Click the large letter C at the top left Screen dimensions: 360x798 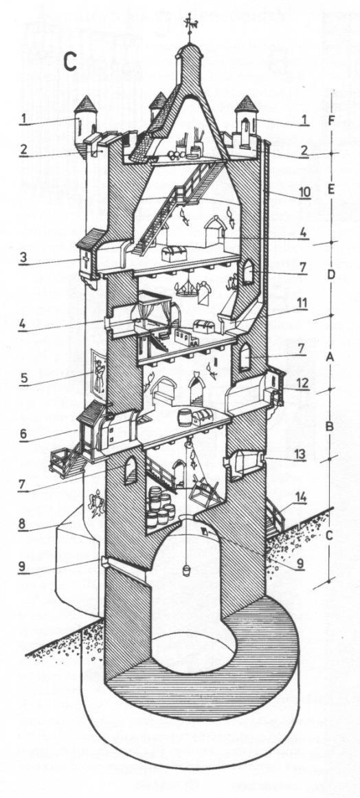(x=70, y=61)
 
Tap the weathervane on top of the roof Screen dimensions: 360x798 (x=191, y=25)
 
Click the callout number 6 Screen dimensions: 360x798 (x=23, y=432)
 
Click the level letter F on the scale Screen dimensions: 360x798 (x=331, y=121)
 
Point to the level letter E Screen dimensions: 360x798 (x=330, y=190)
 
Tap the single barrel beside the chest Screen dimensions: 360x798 (x=184, y=417)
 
